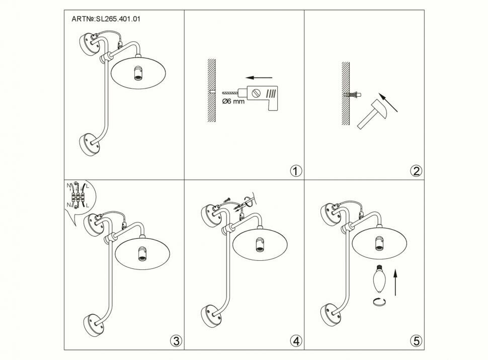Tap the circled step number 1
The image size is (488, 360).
coord(296,171)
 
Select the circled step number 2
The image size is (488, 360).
coord(416,171)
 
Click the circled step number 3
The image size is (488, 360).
coord(175,341)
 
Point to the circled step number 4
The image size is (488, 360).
coord(296,341)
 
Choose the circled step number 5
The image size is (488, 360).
coord(416,341)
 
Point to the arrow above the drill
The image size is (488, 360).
coord(260,78)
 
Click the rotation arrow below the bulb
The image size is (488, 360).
coord(379,301)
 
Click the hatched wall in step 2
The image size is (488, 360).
coord(346,96)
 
